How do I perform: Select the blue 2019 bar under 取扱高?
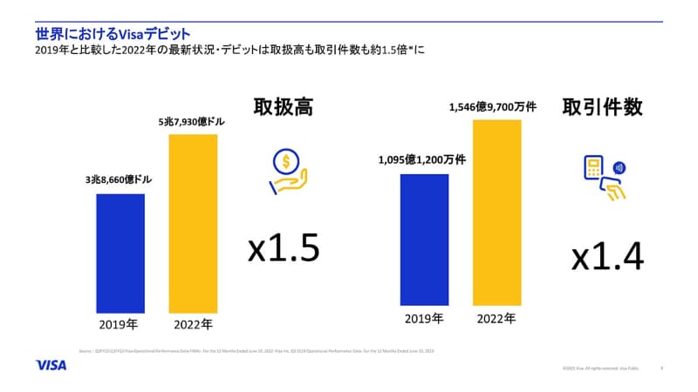pos(120,253)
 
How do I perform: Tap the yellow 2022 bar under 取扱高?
pos(193,223)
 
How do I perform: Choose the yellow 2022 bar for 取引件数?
pos(496,215)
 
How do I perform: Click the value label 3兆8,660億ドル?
pos(119,179)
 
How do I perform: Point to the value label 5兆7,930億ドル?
pos(192,122)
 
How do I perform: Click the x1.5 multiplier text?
pos(284,247)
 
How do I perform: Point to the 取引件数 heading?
pos(603,107)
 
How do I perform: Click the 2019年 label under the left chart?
pos(120,325)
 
